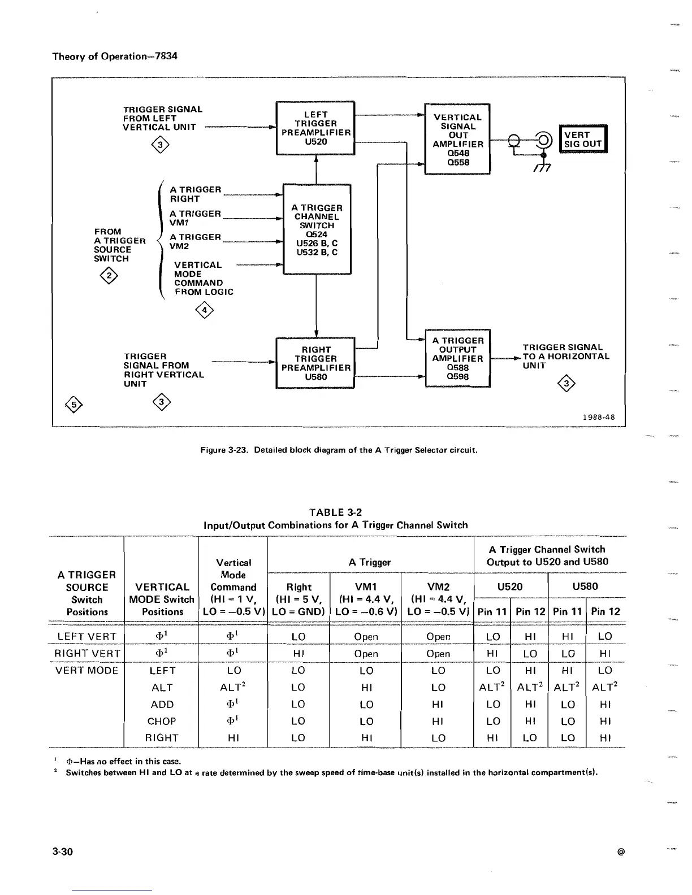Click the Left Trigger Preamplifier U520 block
click(x=315, y=128)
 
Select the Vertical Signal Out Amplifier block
click(x=457, y=139)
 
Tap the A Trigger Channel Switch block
click(x=317, y=229)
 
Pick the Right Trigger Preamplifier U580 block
click(x=315, y=363)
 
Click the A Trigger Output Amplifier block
click(x=457, y=358)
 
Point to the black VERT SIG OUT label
click(x=582, y=139)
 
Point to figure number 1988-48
click(x=598, y=418)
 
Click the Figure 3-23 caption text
click(x=339, y=450)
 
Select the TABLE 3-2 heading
click(x=336, y=512)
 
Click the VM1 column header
click(x=366, y=587)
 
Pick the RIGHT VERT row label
click(x=87, y=654)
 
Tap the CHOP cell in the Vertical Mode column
click(x=162, y=722)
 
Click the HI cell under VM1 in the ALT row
click(x=366, y=688)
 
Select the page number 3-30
click(x=63, y=851)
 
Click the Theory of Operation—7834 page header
click(x=115, y=57)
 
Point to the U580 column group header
click(x=586, y=586)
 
